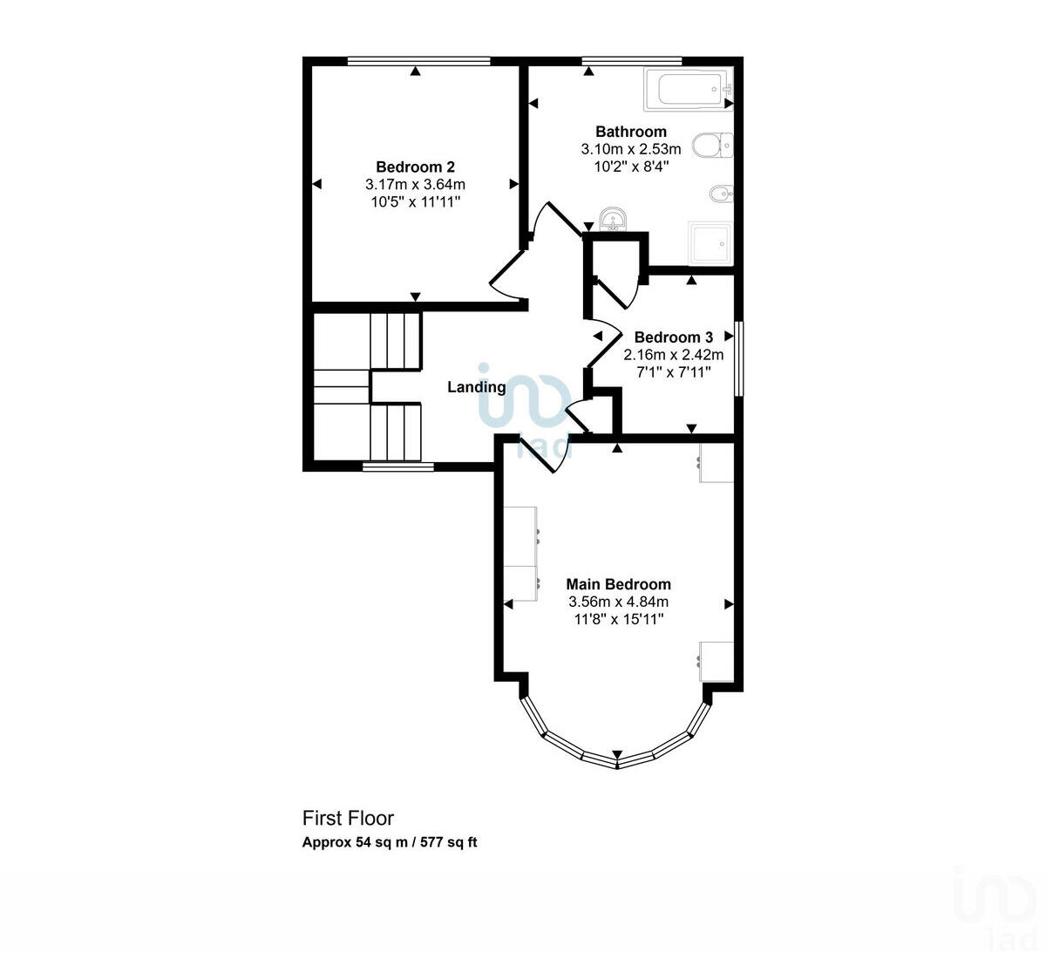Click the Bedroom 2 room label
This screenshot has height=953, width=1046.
pyautogui.click(x=415, y=167)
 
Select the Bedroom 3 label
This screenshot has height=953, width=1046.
pyautogui.click(x=673, y=337)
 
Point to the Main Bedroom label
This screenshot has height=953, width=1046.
pyautogui.click(x=618, y=584)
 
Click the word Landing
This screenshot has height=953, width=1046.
pyautogui.click(x=476, y=387)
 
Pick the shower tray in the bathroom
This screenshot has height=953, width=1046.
pyautogui.click(x=710, y=243)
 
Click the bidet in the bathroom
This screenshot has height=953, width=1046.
pyautogui.click(x=720, y=193)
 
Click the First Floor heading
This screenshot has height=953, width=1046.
pyautogui.click(x=348, y=818)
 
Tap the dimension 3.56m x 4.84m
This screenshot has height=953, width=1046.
pyautogui.click(x=618, y=602)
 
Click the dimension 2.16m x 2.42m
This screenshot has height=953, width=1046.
pyautogui.click(x=673, y=355)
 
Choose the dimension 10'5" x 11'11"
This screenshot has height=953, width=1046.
pyautogui.click(x=415, y=201)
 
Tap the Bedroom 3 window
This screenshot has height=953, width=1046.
pyautogui.click(x=737, y=359)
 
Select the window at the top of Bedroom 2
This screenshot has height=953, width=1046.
pyautogui.click(x=418, y=60)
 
